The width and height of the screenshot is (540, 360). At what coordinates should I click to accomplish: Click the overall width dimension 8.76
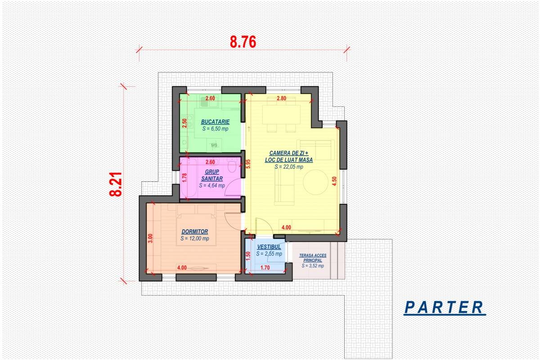(243, 42)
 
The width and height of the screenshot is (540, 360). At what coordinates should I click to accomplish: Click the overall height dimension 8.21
(116, 184)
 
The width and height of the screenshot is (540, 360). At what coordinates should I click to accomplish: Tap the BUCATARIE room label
(215, 122)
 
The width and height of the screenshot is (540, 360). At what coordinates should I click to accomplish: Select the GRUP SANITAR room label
(212, 175)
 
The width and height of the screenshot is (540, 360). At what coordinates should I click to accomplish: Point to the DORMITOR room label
(195, 231)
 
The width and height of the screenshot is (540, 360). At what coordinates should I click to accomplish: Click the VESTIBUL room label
(269, 247)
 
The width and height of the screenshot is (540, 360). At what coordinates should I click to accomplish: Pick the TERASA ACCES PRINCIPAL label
(313, 258)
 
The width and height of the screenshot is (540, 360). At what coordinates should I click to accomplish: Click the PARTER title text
(444, 307)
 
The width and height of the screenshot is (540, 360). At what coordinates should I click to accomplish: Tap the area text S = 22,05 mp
(289, 166)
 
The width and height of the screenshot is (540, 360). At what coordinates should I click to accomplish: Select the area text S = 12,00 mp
(195, 238)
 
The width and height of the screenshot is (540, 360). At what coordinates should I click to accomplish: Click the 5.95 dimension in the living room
(248, 164)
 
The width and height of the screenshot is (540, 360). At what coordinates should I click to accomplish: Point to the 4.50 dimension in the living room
(334, 181)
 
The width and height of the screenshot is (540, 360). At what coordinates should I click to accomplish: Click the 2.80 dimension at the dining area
(282, 98)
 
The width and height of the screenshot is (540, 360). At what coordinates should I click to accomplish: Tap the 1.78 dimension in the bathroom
(184, 178)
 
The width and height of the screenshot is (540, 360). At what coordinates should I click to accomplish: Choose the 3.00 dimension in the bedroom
(150, 238)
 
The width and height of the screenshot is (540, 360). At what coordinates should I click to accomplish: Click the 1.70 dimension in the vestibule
(265, 267)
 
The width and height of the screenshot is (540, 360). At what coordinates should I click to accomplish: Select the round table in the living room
(315, 182)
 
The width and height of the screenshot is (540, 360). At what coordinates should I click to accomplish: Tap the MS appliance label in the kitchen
(214, 145)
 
